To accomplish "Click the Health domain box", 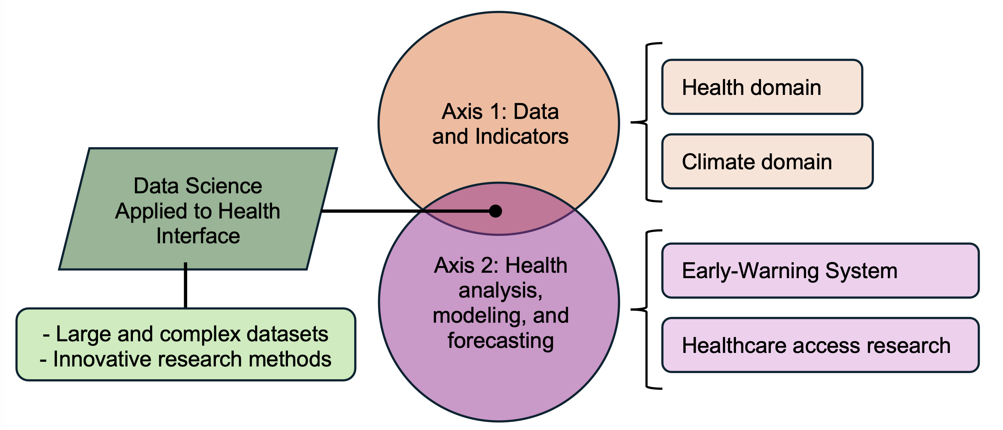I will (762, 87).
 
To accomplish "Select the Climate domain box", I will (767, 162).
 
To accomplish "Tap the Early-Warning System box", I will (820, 270).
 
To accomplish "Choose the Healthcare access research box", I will (820, 345).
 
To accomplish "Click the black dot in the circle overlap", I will (495, 211).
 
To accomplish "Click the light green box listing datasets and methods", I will (186, 344).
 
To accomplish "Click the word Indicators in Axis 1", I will (522, 137).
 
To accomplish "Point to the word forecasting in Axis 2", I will (501, 341).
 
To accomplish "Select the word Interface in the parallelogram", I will (198, 236).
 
